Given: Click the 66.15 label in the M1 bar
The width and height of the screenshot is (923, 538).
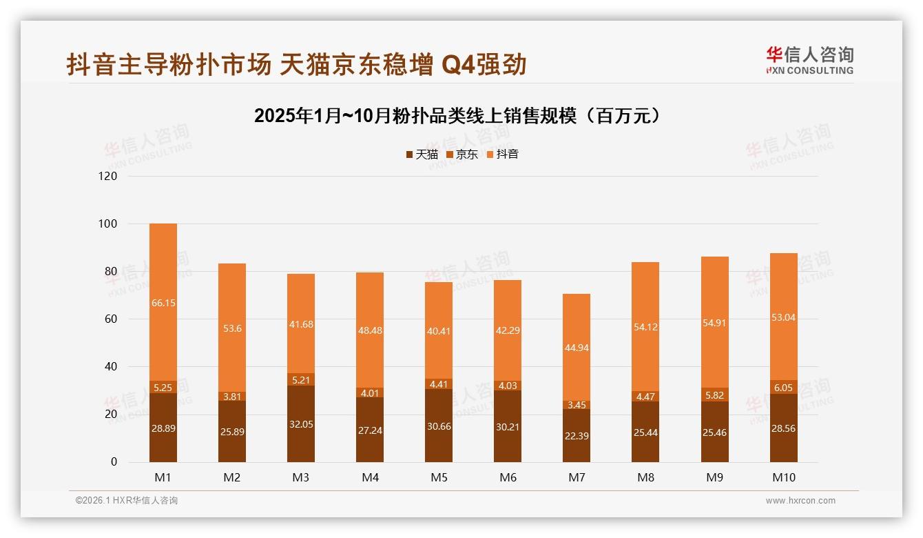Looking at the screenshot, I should [x=163, y=303].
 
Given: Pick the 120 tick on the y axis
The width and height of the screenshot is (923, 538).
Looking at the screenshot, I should [x=109, y=176].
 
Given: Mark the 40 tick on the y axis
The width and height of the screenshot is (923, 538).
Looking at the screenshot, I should [x=111, y=366].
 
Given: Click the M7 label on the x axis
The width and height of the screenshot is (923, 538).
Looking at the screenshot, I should [x=577, y=477].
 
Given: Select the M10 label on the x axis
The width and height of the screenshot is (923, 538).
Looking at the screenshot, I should [x=783, y=477].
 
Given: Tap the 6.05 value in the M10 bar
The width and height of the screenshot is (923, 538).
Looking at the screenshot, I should [x=784, y=388].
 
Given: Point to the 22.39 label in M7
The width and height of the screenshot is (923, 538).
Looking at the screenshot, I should [x=577, y=435].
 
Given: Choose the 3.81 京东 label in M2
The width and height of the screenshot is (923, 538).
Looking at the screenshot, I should [x=232, y=396].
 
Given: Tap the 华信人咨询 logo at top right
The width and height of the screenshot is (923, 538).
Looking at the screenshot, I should [x=809, y=60].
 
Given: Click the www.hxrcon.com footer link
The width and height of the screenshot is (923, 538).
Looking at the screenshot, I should [x=800, y=501].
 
